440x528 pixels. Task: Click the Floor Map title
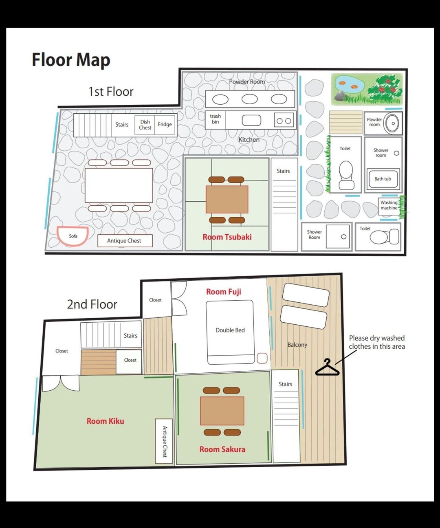(x=71, y=60)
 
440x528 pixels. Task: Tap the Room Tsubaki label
(x=227, y=237)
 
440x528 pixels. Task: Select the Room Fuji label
(x=224, y=292)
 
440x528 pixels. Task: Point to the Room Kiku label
(x=105, y=421)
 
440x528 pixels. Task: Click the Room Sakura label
(x=222, y=449)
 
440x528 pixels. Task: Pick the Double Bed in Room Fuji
(x=230, y=332)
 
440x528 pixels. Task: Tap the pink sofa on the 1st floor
(x=73, y=236)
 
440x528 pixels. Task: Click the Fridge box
(x=165, y=125)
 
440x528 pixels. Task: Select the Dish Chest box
(x=145, y=125)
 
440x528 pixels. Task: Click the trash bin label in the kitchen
(x=215, y=119)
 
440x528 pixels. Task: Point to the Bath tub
(x=383, y=179)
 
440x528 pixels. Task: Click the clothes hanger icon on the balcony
(x=327, y=367)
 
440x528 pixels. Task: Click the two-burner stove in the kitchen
(x=284, y=120)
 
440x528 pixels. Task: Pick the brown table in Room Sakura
(x=222, y=411)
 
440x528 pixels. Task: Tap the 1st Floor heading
(x=111, y=92)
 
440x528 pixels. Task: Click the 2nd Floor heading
(x=92, y=304)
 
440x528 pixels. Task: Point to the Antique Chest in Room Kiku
(x=164, y=441)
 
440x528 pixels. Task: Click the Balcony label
(x=297, y=345)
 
